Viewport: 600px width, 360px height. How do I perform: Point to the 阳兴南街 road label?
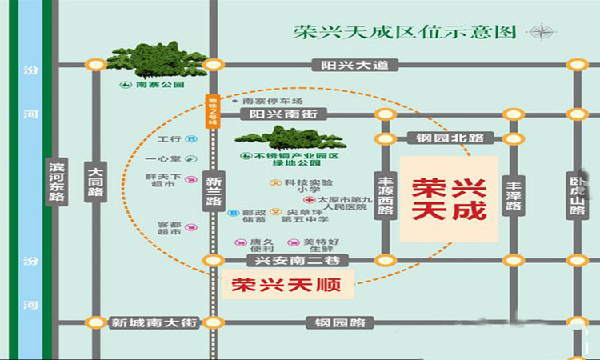[283, 115]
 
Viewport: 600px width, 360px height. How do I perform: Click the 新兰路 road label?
[213, 190]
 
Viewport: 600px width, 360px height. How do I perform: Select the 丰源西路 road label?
[387, 196]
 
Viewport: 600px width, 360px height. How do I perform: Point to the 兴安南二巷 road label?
[288, 262]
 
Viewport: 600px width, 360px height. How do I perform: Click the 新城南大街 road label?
[143, 322]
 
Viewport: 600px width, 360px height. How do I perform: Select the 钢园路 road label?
[335, 322]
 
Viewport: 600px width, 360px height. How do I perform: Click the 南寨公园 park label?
[154, 84]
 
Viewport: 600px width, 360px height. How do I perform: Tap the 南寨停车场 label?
[271, 102]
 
